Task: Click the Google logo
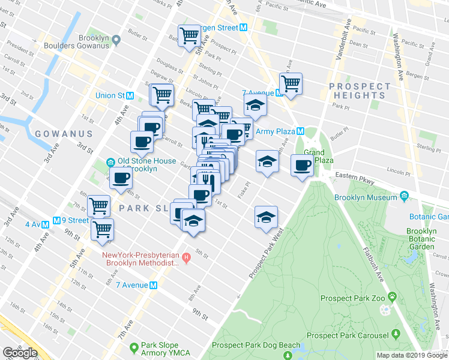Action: pyautogui.click(x=20, y=353)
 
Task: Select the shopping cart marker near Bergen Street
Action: pyautogui.click(x=190, y=35)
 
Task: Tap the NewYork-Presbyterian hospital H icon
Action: pyautogui.click(x=186, y=259)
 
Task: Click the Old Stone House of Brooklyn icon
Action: pyautogui.click(x=110, y=162)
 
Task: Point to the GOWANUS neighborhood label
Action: pyautogui.click(x=64, y=134)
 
